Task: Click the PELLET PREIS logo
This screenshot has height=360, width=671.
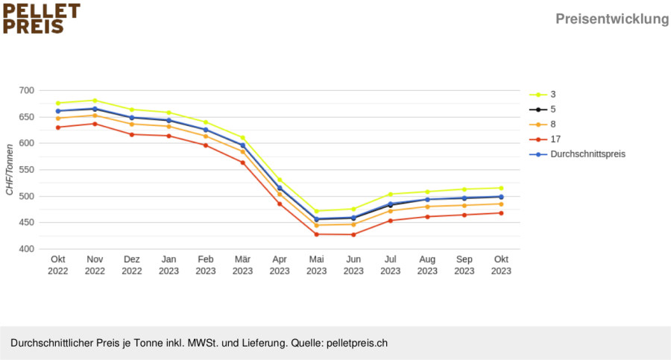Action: point(41,19)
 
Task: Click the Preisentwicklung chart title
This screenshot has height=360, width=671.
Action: point(612,19)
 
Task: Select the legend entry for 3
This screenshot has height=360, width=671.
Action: point(543,95)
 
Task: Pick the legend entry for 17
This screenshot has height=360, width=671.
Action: point(545,139)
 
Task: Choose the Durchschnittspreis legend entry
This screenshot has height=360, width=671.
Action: point(577,154)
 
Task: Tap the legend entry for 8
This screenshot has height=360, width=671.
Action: point(543,124)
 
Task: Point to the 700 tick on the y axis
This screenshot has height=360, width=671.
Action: point(27,90)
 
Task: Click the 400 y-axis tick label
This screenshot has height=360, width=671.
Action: point(27,249)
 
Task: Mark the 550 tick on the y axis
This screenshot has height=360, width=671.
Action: point(27,169)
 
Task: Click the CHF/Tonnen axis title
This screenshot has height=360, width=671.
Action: point(10,169)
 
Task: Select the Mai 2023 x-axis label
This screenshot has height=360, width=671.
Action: point(317,265)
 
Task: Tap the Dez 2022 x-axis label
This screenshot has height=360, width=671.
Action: point(132,265)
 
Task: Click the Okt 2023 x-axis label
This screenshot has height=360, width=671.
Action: point(501,265)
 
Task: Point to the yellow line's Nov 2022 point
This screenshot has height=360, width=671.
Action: point(95,101)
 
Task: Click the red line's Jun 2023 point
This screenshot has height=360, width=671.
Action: point(353,235)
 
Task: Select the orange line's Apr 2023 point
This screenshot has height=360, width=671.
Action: point(280,195)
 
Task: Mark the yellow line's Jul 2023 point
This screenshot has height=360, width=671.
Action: point(390,195)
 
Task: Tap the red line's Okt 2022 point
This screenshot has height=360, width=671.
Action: point(58,127)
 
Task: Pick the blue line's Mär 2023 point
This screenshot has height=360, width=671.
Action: point(242,145)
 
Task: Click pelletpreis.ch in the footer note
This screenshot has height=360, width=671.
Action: point(357,344)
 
